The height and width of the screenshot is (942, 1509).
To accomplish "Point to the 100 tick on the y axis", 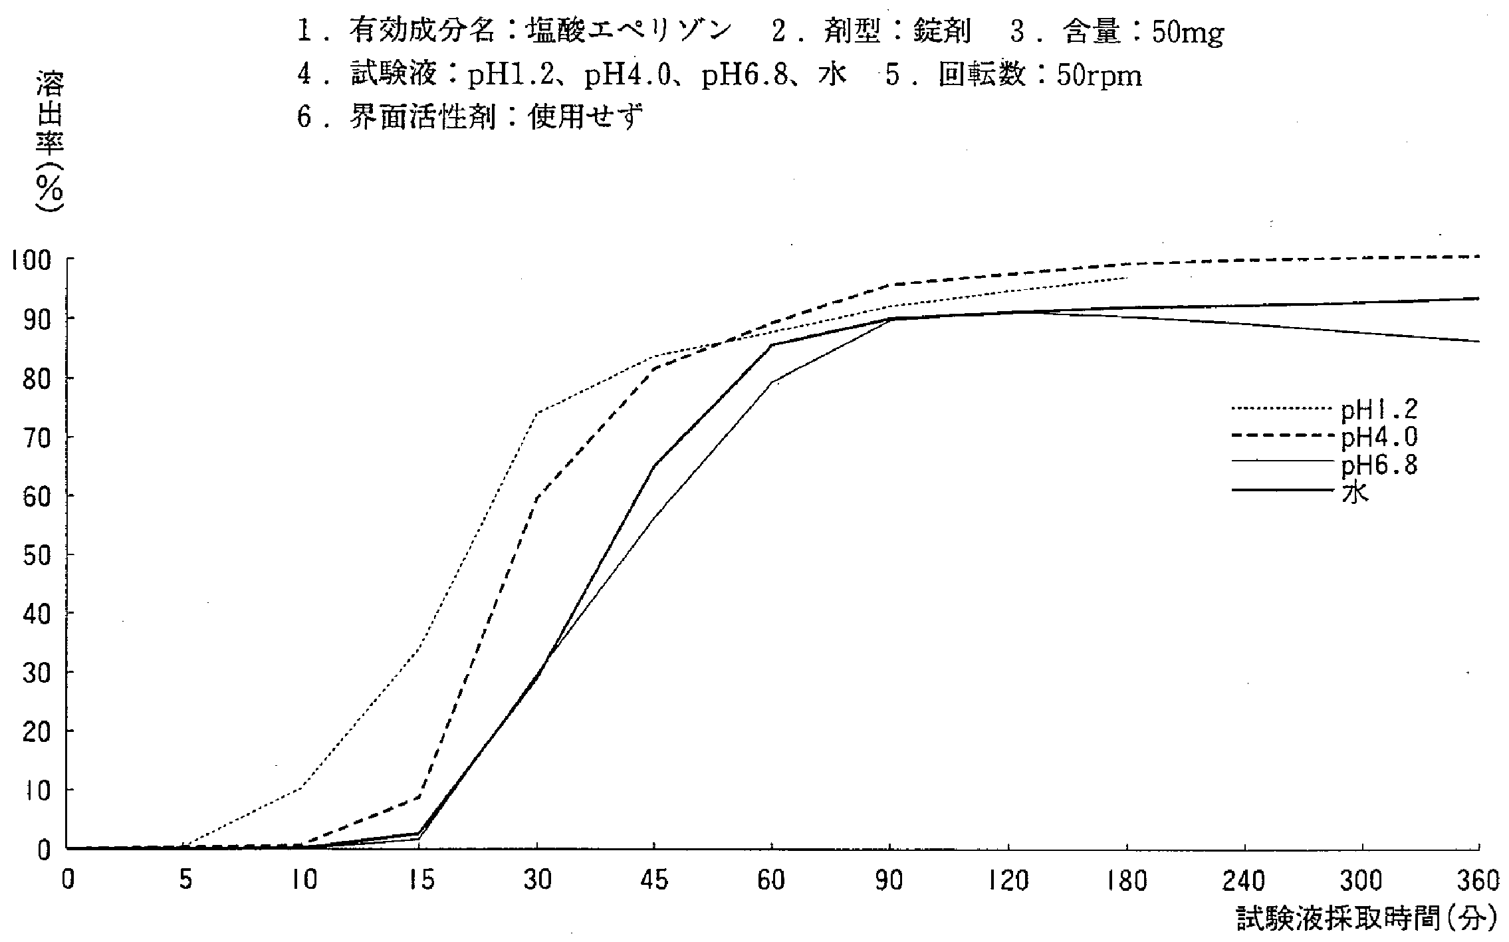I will tap(29, 259).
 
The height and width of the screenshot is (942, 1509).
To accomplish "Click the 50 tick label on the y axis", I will tap(37, 554).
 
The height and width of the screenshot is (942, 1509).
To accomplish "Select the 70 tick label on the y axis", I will tap(37, 437).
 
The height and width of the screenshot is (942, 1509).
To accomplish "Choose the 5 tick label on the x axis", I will tap(185, 881).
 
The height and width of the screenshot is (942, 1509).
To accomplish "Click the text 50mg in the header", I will tap(1187, 33).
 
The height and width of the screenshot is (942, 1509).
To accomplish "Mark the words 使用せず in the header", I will tap(586, 118).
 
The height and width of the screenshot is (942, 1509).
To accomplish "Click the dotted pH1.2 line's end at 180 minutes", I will tap(1127, 278).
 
